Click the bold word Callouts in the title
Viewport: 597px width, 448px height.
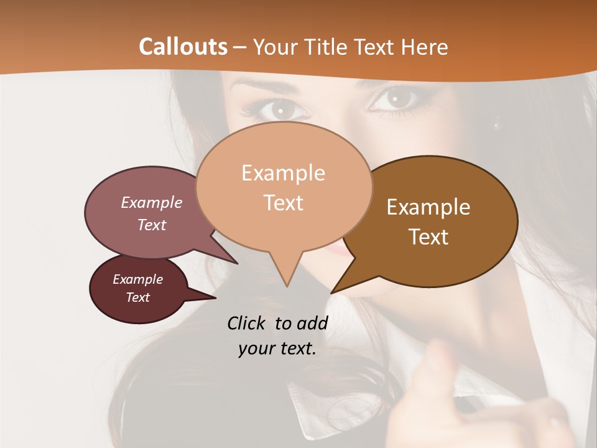coord(183,47)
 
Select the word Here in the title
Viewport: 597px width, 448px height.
coord(425,47)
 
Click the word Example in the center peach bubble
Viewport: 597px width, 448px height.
coord(283,173)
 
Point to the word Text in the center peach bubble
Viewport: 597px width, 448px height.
coord(283,203)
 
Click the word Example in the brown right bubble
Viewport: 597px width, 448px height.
coord(428,207)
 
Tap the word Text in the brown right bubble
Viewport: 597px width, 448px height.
coord(428,237)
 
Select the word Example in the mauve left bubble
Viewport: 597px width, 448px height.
coord(152,202)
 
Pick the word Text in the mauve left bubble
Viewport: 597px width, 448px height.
coord(152,225)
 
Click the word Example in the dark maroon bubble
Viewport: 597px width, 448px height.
coord(138,279)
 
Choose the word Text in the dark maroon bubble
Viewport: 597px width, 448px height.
coord(138,297)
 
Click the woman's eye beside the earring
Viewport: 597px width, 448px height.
coord(396,99)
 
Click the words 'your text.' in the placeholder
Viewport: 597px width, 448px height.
coord(277,348)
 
